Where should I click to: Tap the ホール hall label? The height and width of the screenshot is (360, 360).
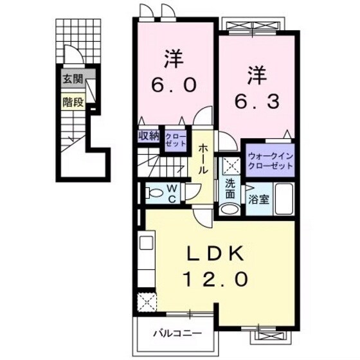coord(203,158)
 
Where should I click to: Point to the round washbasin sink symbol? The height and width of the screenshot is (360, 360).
coord(228,209)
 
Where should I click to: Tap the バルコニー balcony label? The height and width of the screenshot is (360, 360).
coord(177,334)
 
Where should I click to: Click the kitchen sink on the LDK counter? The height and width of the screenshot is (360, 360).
coord(145,246)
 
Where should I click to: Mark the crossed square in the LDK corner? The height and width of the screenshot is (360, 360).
coord(145,301)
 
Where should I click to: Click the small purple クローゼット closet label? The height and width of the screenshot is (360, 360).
coord(172,139)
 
